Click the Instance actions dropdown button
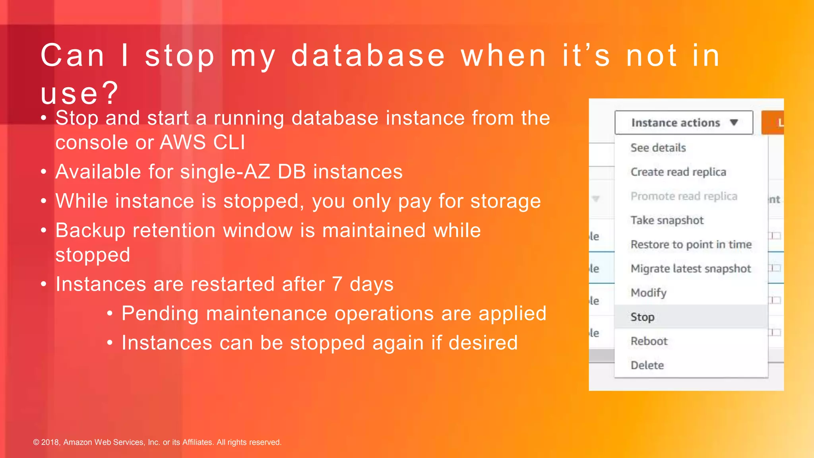tap(683, 122)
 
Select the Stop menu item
tap(642, 317)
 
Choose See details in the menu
tap(658, 147)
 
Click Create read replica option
tap(678, 172)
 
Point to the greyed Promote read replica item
tap(684, 196)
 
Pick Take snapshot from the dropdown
tap(667, 220)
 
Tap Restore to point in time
tap(691, 245)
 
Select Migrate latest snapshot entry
tap(690, 269)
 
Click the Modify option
tap(648, 293)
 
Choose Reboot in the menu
tap(649, 341)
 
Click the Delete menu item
tap(647, 365)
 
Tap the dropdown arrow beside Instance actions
tap(734, 122)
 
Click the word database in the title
tap(368, 56)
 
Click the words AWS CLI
tap(202, 142)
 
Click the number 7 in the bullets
tap(337, 284)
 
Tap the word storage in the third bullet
tap(505, 201)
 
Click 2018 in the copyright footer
tap(50, 442)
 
